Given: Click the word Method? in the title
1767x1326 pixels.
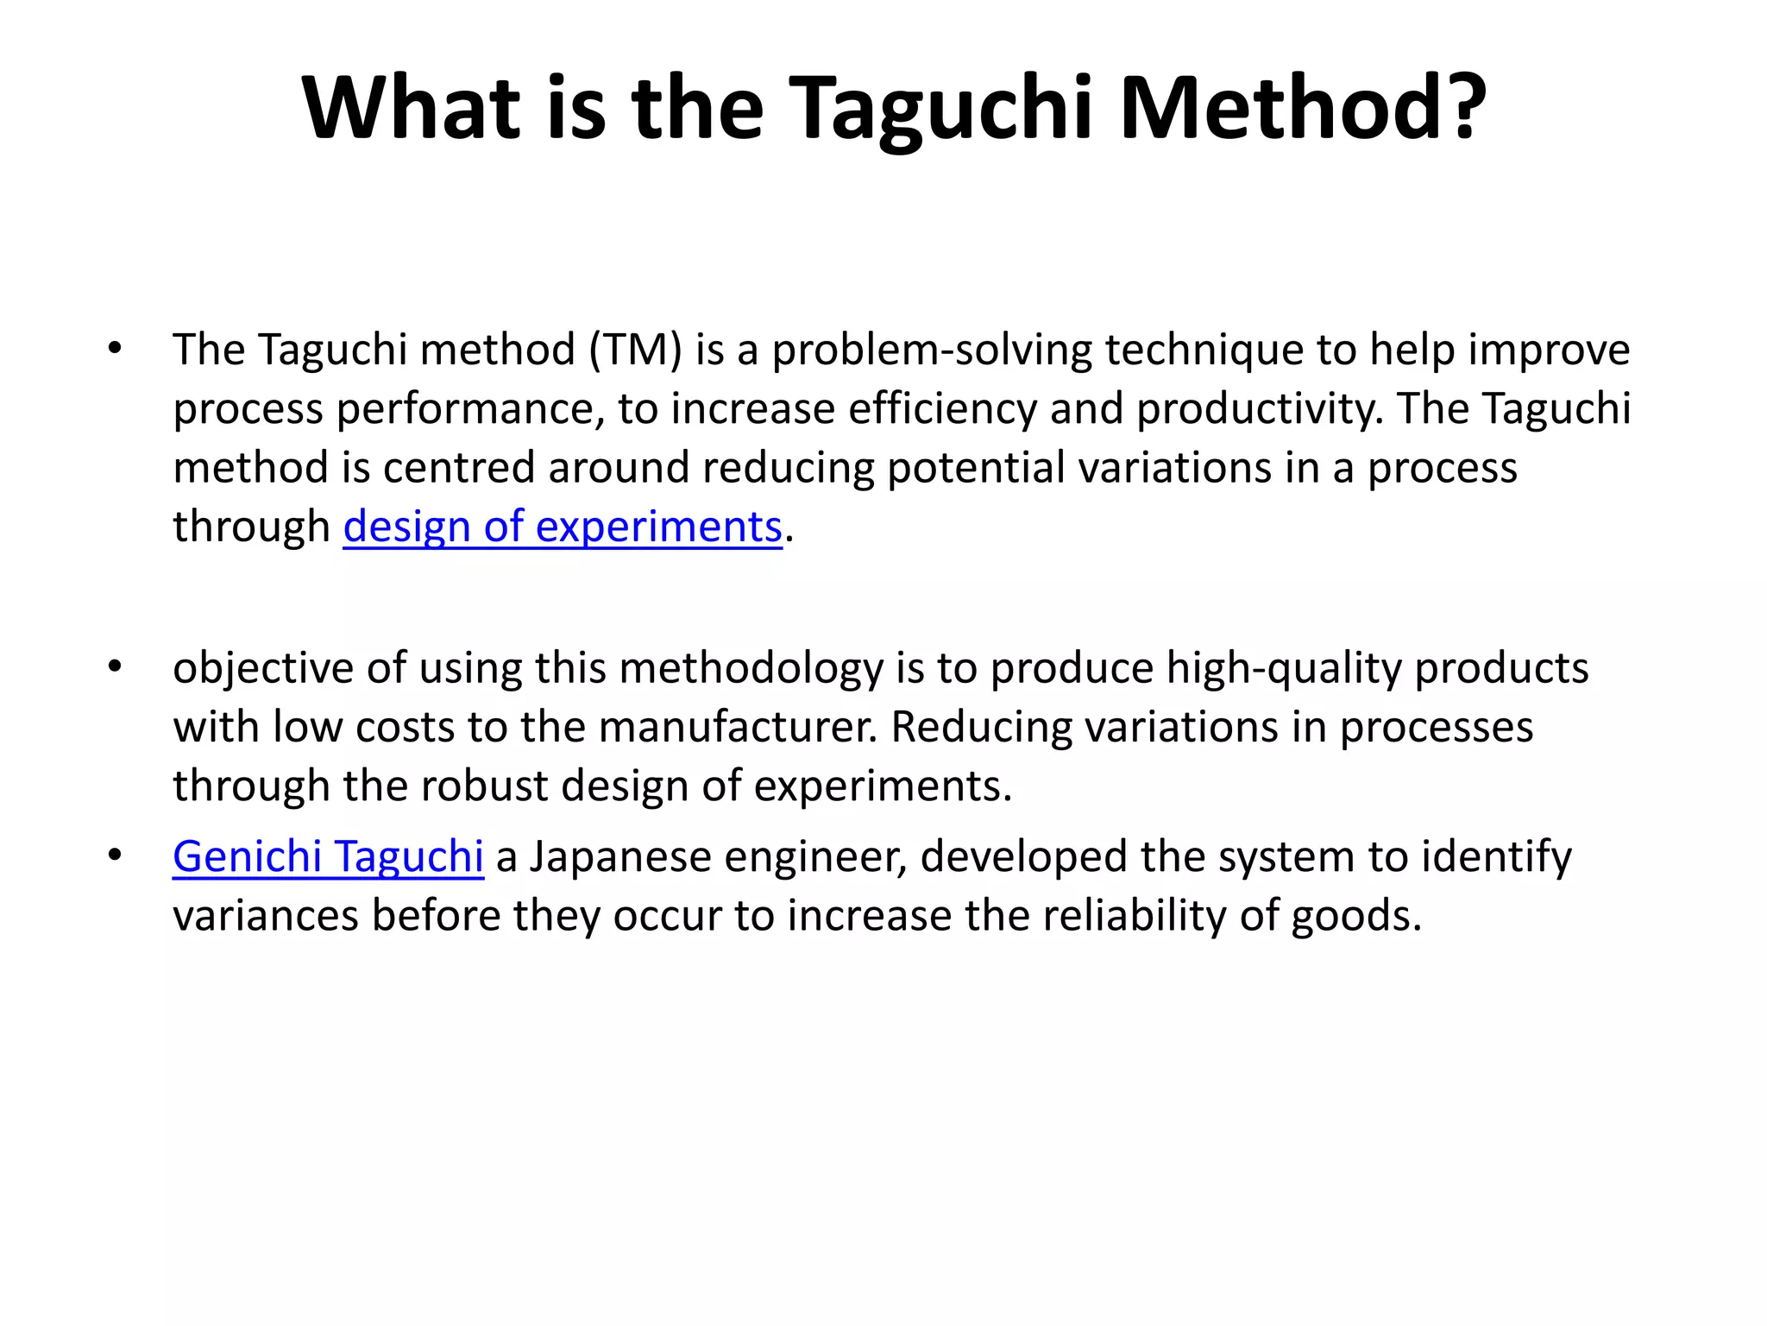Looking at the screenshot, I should click(1303, 107).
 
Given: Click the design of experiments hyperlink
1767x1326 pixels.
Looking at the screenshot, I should click(563, 527).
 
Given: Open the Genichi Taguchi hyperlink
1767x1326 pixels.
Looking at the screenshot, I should click(328, 857).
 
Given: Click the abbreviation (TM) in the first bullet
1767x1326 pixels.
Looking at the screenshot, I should click(636, 350).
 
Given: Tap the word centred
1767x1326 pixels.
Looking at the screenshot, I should click(458, 468).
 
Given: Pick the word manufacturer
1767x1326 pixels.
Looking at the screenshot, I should click(737, 728).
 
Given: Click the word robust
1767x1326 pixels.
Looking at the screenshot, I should click(484, 786).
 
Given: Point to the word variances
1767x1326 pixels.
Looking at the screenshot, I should click(265, 916).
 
